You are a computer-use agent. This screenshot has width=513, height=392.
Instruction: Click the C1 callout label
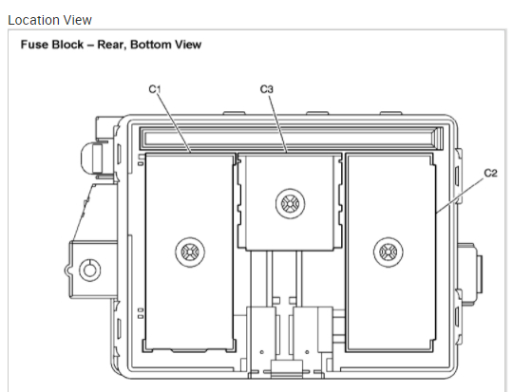(x=155, y=89)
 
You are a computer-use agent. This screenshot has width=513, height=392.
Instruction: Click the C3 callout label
(x=267, y=89)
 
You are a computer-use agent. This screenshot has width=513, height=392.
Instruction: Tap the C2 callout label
(x=490, y=173)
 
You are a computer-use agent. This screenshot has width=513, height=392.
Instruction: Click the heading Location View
(x=49, y=20)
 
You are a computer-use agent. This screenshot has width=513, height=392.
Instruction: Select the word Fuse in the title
(x=31, y=45)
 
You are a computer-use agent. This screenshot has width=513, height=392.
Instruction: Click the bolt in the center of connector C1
(x=190, y=252)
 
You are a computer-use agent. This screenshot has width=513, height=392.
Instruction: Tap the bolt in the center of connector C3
(x=290, y=203)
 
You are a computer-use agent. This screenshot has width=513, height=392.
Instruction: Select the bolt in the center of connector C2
(x=388, y=252)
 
